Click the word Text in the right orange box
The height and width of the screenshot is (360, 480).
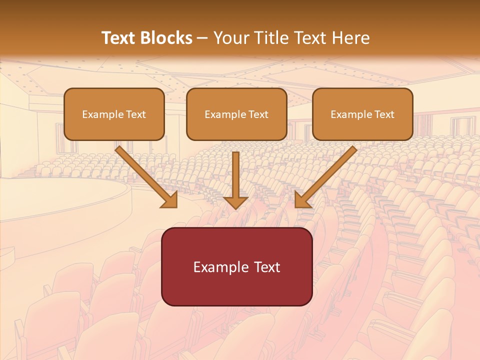coord(384,114)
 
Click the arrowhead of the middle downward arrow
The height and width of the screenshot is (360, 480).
coord(235,202)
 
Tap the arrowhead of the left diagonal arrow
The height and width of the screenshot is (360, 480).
coord(170,199)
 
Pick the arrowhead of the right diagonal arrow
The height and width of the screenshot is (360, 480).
coord(302,199)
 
